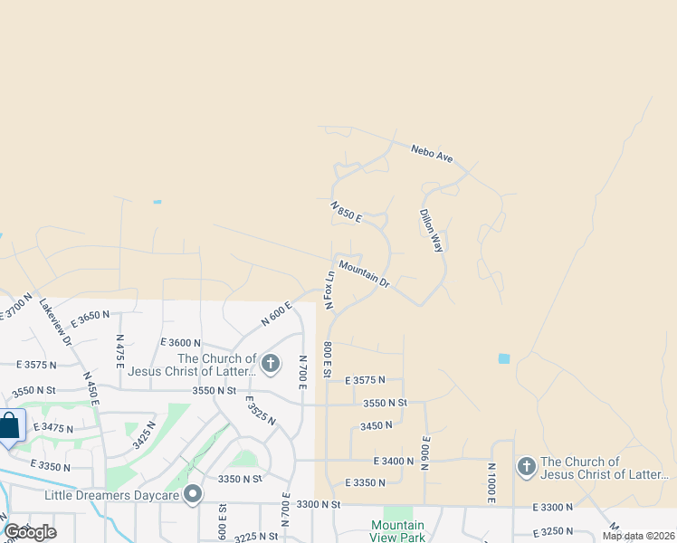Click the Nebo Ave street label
[431, 154]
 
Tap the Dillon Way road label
[431, 231]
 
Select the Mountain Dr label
[365, 275]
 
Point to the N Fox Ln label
[330, 288]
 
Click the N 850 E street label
[346, 212]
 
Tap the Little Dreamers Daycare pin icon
[192, 494]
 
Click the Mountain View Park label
[397, 531]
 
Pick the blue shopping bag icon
[9, 425]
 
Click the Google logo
[30, 532]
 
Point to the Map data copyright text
[637, 536]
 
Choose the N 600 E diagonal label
[277, 313]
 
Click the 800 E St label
[328, 359]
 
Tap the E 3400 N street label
[393, 462]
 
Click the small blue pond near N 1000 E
[504, 358]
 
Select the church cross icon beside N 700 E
[270, 364]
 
